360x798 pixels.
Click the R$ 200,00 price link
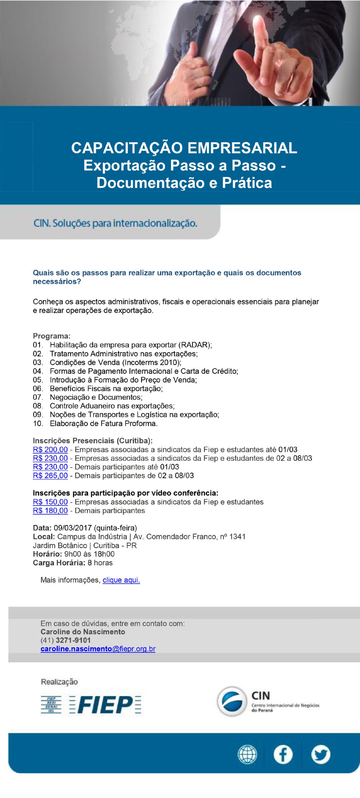click(x=50, y=449)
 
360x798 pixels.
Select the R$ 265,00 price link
click(x=50, y=476)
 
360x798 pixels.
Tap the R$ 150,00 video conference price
click(x=50, y=502)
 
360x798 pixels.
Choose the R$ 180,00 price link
click(x=50, y=511)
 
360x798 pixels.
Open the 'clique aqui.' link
click(x=121, y=580)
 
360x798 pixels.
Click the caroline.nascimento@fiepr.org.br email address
click(x=98, y=649)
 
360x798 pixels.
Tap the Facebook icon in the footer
click(x=283, y=755)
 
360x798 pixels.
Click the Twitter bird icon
click(x=320, y=755)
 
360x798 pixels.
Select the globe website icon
click(x=247, y=755)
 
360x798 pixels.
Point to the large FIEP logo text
click(x=105, y=705)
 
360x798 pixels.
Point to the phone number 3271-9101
click(x=73, y=640)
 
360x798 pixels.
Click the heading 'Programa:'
click(x=52, y=336)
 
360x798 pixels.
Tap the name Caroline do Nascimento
click(x=83, y=632)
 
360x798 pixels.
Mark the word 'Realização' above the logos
click(x=59, y=682)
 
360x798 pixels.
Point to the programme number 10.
click(x=38, y=424)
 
